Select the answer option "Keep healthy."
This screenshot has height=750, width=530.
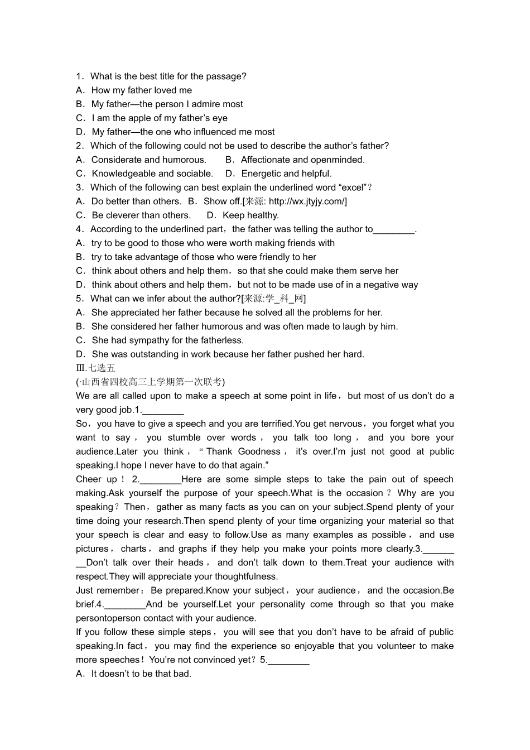coord(250,215)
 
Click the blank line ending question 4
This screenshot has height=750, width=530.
coord(394,229)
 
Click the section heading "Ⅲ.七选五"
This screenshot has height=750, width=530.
coord(95,368)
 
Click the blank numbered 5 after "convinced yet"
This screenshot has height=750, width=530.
coord(288,660)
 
